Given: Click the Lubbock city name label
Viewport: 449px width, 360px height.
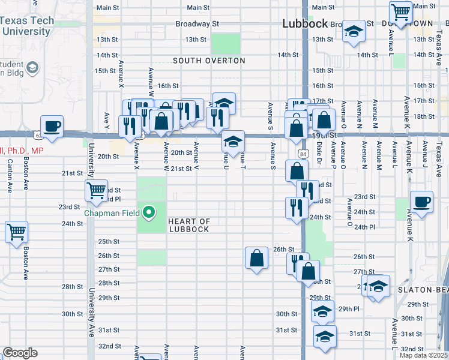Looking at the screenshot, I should [305, 24].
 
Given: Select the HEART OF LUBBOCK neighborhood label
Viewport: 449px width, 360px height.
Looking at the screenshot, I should [188, 225].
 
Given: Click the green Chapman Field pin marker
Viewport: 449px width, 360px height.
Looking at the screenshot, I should [148, 212].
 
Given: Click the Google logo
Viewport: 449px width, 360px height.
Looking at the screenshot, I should [20, 353].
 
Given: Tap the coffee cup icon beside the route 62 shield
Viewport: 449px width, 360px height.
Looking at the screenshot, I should [52, 126].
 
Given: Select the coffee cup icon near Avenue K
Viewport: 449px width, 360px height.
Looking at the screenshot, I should [421, 202].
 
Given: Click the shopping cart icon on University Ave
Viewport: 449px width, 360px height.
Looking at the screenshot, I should [96, 191].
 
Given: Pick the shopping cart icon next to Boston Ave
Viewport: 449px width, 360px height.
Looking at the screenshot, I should [16, 232].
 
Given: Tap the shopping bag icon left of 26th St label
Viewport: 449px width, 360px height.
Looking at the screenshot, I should [256, 258].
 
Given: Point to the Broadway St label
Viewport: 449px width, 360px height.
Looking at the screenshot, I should [197, 24].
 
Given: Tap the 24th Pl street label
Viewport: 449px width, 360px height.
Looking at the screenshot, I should [364, 227].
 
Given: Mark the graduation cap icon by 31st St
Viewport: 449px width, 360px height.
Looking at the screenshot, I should [325, 336].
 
